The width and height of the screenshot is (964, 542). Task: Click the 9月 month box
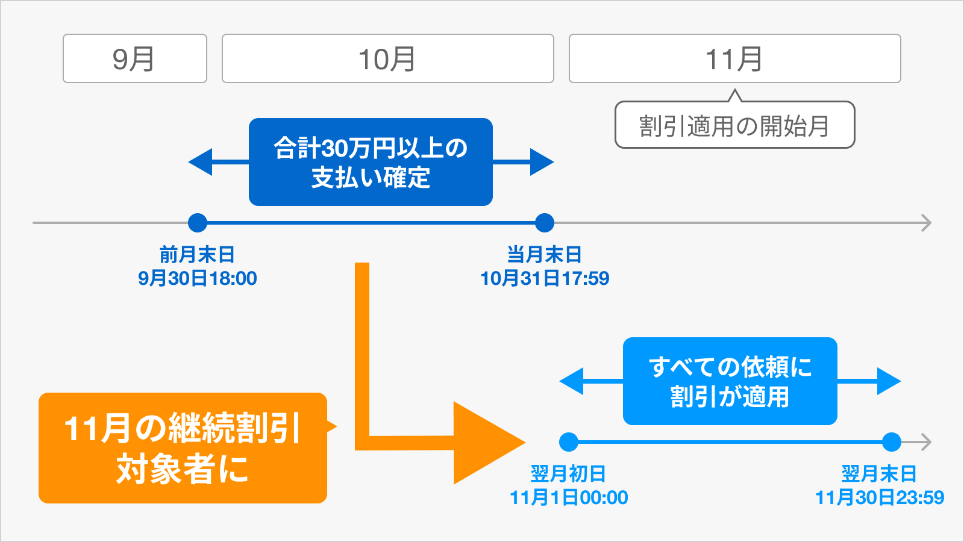coord(135,58)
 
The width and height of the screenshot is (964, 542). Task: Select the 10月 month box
coord(387,58)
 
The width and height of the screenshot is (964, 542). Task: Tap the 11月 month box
coord(734,58)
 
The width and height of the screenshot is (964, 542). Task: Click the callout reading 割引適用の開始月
coord(734,125)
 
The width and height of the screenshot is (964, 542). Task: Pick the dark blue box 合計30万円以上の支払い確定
coord(371,162)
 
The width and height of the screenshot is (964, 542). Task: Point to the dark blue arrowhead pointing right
coord(541,162)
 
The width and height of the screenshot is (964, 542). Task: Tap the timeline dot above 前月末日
coord(197,223)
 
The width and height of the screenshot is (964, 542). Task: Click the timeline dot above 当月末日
coord(545,223)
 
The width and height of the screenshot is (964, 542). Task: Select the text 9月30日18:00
coord(197,278)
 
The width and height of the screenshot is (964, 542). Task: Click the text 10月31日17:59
coord(545,278)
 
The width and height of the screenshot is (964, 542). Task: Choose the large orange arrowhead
coord(485,443)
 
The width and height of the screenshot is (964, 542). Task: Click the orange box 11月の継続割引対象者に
coord(183,448)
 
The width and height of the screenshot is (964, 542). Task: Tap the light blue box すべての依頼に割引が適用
coord(730,381)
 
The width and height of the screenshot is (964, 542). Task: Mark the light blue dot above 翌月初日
coord(568,443)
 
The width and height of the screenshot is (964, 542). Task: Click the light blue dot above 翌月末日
coord(891,443)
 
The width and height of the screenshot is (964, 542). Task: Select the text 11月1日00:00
coord(569,497)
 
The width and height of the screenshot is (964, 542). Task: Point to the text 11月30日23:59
coord(880,497)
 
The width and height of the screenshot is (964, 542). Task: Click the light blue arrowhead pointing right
coord(888,381)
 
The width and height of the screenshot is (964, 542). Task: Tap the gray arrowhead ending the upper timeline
coord(927,223)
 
